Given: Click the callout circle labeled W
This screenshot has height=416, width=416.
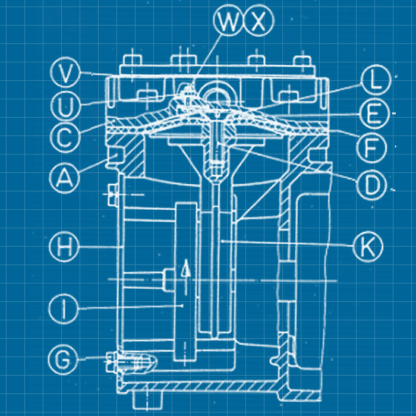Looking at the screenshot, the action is click(x=228, y=20).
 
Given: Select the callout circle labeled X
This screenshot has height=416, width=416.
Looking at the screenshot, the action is click(x=258, y=20).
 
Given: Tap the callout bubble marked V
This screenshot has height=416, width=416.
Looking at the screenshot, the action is click(x=65, y=73).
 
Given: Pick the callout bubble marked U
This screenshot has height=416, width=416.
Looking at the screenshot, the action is click(x=65, y=105).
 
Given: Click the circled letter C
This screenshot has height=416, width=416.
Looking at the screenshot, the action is click(x=65, y=138).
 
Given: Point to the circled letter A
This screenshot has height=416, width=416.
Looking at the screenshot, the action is click(x=64, y=178).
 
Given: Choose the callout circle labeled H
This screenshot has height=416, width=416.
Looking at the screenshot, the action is click(x=64, y=247).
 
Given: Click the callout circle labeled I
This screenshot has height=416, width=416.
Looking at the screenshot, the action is click(x=64, y=309).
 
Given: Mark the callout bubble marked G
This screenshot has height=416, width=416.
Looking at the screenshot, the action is click(x=63, y=360).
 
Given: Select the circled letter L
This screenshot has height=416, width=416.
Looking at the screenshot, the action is click(x=376, y=80).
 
